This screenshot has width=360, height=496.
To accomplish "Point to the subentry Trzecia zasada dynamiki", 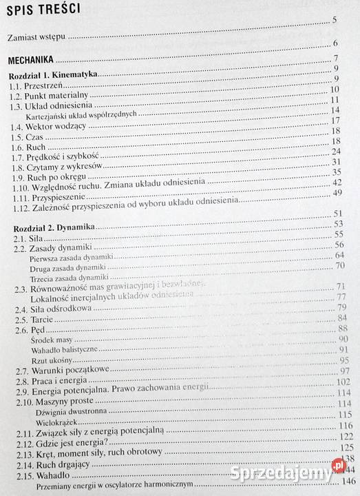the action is point(65,278).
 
